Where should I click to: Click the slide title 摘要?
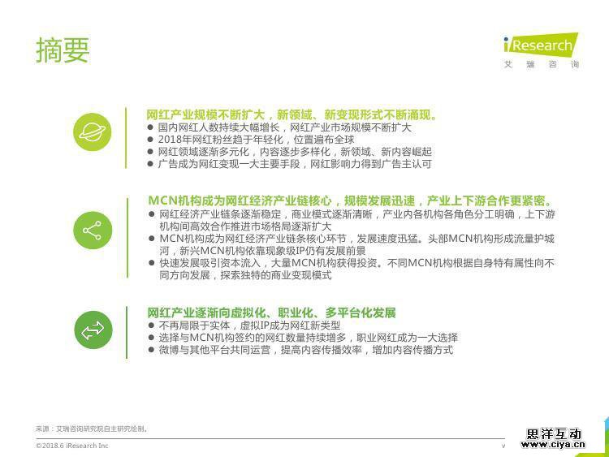[63, 50]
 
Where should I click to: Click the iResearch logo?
[541, 45]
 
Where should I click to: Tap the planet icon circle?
[93, 132]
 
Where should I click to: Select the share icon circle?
[93, 231]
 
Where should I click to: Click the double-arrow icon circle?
[93, 330]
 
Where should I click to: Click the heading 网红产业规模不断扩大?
[205, 115]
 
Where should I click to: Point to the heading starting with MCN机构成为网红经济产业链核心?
[350, 200]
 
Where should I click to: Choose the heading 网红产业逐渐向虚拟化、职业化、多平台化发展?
[271, 313]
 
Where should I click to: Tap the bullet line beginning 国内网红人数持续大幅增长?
[284, 127]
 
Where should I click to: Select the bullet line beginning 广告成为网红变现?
[295, 164]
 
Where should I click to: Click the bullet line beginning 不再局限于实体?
[249, 326]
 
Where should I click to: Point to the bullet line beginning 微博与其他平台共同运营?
[305, 350]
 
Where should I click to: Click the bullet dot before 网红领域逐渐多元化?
[151, 152]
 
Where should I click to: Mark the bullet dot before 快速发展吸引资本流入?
[152, 263]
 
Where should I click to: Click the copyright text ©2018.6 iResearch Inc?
[71, 446]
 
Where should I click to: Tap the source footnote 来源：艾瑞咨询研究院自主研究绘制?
[92, 429]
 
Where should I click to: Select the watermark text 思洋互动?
[554, 433]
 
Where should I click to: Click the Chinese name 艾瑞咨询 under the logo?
[542, 64]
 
